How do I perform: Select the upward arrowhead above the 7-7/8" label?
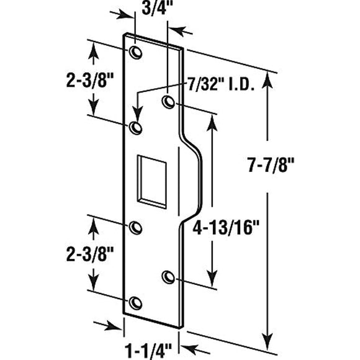click(x=269, y=80)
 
